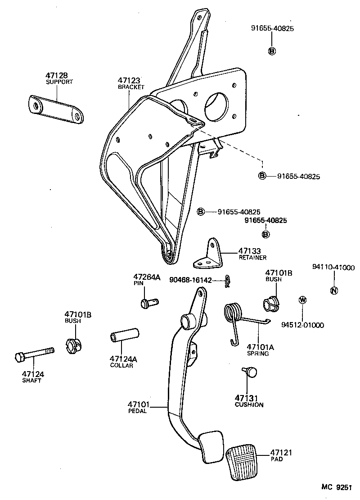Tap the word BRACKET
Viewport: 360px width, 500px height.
click(131, 86)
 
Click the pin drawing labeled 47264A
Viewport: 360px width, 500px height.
click(149, 303)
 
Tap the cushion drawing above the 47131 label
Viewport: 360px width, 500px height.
click(250, 372)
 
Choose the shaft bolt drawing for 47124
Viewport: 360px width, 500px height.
click(34, 354)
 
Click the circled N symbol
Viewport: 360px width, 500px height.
click(333, 291)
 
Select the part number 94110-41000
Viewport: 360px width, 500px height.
click(333, 267)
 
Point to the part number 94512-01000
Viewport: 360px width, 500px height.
click(302, 325)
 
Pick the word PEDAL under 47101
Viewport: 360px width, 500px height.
click(138, 411)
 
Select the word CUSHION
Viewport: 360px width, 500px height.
click(249, 405)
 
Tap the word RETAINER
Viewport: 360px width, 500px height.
click(252, 258)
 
